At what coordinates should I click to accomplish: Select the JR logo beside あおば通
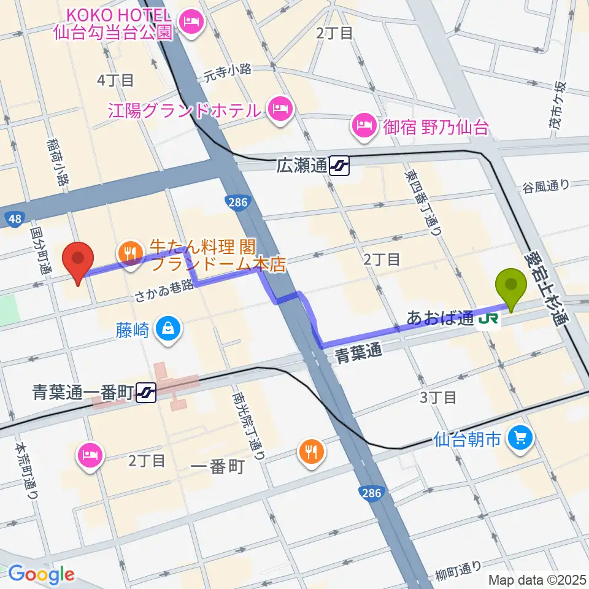tap(489, 318)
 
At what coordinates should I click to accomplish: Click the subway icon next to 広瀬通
tap(339, 165)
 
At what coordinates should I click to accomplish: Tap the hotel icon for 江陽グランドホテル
tap(280, 110)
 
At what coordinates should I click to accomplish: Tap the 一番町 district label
tap(218, 467)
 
